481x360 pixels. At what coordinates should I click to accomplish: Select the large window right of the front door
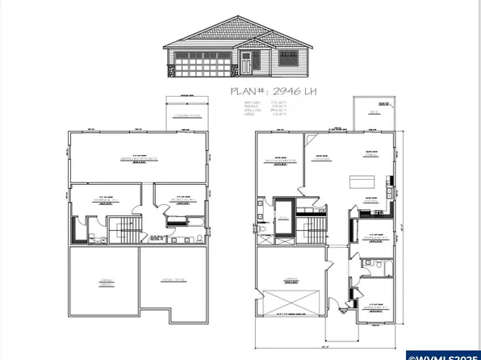[287, 61]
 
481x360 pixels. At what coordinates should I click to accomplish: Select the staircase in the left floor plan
[124, 229]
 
